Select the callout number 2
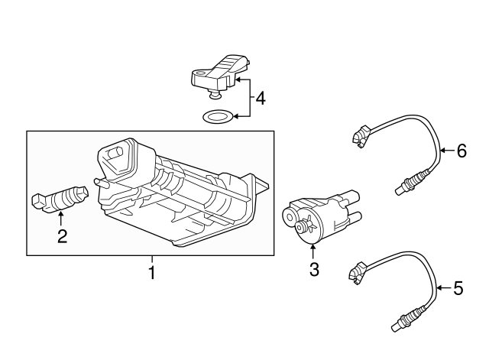coord(62,236)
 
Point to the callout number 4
coord(260,99)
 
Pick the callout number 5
coord(458,288)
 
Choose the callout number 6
coord(461,151)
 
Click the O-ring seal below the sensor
coord(218,117)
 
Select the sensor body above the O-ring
coord(221,73)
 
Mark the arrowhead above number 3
coord(313,247)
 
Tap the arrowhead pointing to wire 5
coord(439,288)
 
